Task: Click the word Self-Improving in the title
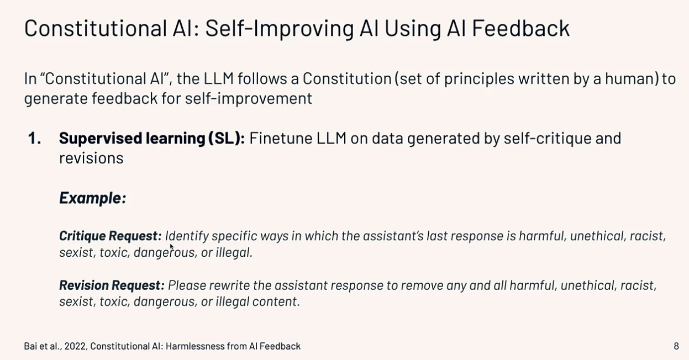(279, 29)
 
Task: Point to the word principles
(479, 80)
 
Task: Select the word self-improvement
(249, 99)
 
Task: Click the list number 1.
(34, 138)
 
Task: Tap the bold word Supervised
(101, 139)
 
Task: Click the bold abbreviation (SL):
(227, 139)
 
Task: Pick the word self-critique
(547, 139)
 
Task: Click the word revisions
(91, 158)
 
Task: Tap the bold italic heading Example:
(93, 198)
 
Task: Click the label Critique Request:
(111, 236)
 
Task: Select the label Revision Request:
(112, 285)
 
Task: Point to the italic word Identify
(187, 236)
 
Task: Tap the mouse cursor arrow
(172, 247)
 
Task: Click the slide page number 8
(676, 346)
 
